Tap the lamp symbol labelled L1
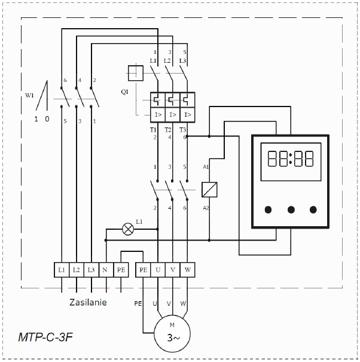click(x=127, y=228)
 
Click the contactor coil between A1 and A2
click(x=209, y=190)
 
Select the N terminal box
click(x=106, y=270)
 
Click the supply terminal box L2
click(x=76, y=270)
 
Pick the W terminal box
click(x=187, y=270)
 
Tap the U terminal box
click(x=157, y=270)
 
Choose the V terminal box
click(x=172, y=270)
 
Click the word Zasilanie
click(x=87, y=302)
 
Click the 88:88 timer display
click(x=291, y=159)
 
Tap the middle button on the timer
click(x=291, y=209)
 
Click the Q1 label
click(x=124, y=92)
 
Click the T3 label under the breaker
click(x=182, y=130)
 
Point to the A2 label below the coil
click(x=206, y=208)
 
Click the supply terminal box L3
click(x=91, y=270)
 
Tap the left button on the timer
click(x=269, y=209)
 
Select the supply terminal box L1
click(x=62, y=270)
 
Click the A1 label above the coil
click(x=206, y=166)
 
